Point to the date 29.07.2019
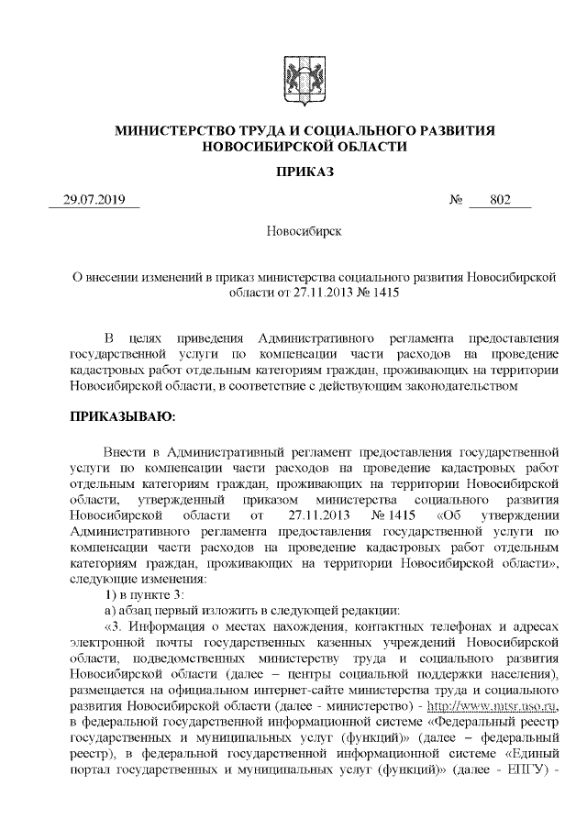pyautogui.click(x=94, y=201)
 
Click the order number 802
pyautogui.click(x=500, y=201)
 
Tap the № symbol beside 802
pyautogui.click(x=455, y=201)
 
